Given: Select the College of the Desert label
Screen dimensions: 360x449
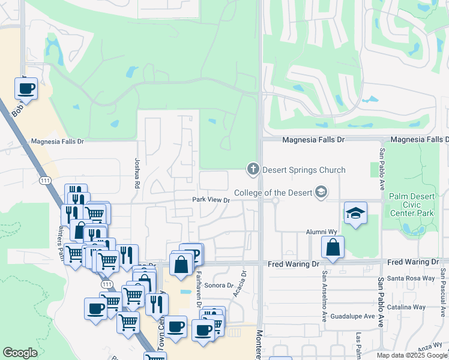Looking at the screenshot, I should click(x=273, y=193).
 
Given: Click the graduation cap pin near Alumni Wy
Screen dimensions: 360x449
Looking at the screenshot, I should click(x=355, y=214).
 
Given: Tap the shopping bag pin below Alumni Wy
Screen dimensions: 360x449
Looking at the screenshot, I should click(x=333, y=248).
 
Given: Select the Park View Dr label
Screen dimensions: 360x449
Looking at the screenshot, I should click(x=211, y=200).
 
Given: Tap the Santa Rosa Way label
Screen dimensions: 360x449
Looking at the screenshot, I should click(x=411, y=278).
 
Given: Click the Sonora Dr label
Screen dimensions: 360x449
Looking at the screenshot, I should click(x=218, y=286).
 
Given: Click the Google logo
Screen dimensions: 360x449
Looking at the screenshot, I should click(x=20, y=353).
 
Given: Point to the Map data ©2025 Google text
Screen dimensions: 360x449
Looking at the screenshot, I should click(x=412, y=355).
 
